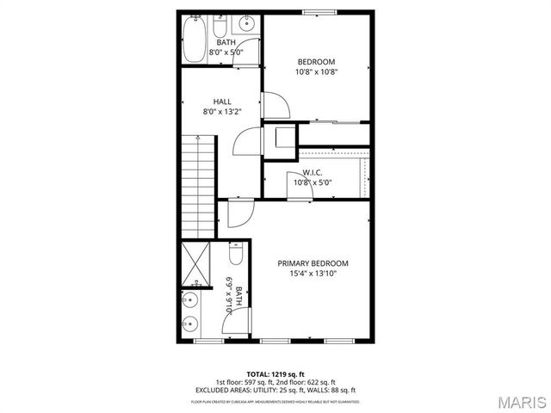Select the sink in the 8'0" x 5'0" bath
(248, 26)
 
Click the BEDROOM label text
(316, 61)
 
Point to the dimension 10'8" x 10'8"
(316, 72)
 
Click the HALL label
(222, 102)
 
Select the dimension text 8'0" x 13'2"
(222, 112)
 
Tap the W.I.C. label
(313, 172)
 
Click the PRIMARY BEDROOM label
(313, 262)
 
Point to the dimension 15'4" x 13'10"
(313, 274)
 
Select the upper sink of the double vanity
(190, 301)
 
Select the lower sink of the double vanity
(190, 324)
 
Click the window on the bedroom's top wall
(315, 11)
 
